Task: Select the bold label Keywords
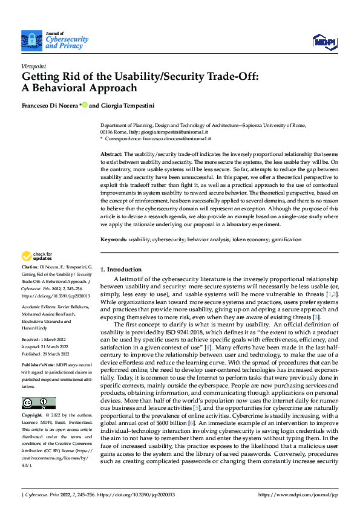[x=113, y=239]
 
